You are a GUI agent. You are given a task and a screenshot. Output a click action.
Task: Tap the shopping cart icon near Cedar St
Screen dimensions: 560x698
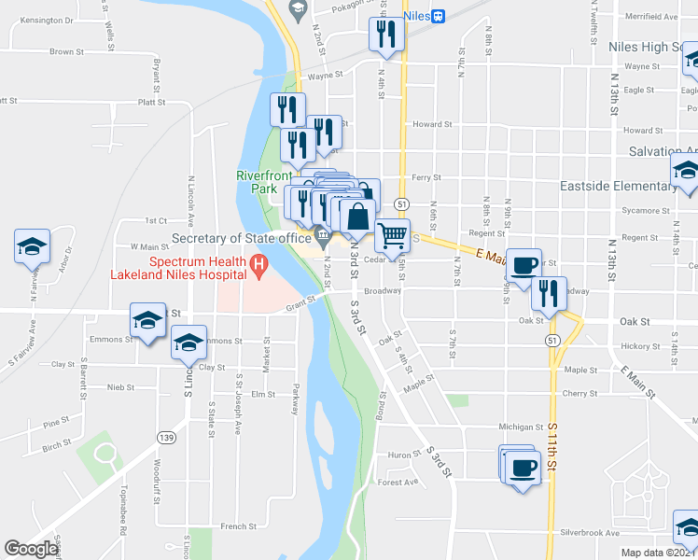pyautogui.click(x=393, y=234)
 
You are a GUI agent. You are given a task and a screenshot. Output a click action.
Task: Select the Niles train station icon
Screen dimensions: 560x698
pyautogui.click(x=439, y=15)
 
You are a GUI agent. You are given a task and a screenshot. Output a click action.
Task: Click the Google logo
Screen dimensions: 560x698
pyautogui.click(x=30, y=549)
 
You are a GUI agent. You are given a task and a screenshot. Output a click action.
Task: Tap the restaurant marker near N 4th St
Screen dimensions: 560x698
pyautogui.click(x=384, y=35)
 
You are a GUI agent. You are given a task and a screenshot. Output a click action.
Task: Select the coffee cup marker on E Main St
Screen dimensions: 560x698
pyautogui.click(x=524, y=264)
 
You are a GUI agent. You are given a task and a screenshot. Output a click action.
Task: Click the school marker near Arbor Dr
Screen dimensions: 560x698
pyautogui.click(x=32, y=246)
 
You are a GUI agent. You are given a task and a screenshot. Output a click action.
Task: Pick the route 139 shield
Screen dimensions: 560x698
pyautogui.click(x=166, y=437)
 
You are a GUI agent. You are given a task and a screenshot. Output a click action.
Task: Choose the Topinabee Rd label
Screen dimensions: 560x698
pyautogui.click(x=122, y=512)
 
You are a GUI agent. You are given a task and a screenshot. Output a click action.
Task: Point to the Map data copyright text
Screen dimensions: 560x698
pyautogui.click(x=659, y=553)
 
